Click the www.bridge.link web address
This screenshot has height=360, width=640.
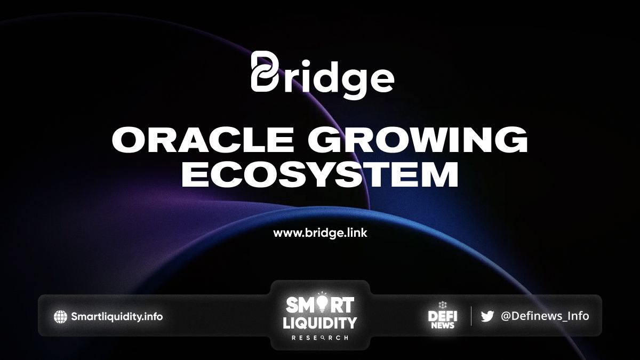pos(320,233)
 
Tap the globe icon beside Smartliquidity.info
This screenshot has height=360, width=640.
pos(61,317)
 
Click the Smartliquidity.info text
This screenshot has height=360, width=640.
pos(117,317)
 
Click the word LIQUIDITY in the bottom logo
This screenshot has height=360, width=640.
pos(319,323)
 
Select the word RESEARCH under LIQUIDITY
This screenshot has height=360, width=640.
pos(319,338)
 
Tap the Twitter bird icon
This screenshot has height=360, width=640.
pos(487,316)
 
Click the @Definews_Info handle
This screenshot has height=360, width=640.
pos(545,316)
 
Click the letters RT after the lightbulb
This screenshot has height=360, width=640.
pos(342,305)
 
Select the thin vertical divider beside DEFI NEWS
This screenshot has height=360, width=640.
pos(471,316)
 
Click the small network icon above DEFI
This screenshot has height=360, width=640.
pos(442,306)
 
